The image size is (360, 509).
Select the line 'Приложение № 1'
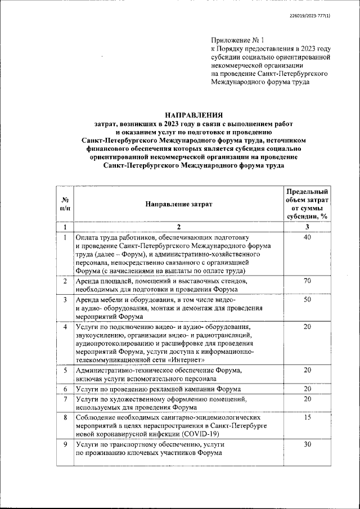click(x=237, y=40)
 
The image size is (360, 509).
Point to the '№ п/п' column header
click(x=65, y=204)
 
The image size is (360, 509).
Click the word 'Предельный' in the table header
click(x=307, y=192)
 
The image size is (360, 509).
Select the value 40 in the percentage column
click(x=307, y=238)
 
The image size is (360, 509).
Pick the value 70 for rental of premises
click(x=307, y=281)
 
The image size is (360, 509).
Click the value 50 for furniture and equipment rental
click(x=307, y=300)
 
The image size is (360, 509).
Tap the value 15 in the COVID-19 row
click(x=307, y=418)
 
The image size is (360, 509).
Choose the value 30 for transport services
click(x=307, y=444)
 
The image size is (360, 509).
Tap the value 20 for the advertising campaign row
click(x=307, y=389)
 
